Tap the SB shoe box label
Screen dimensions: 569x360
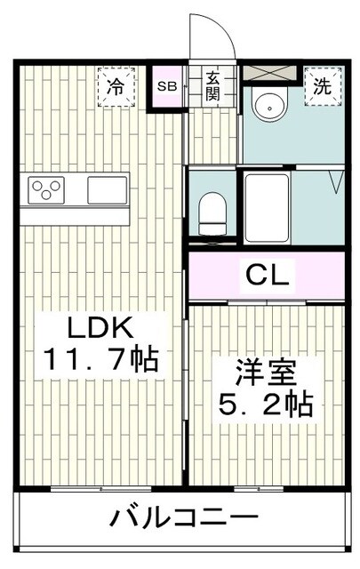[x=166, y=86]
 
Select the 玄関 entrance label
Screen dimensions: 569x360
[x=213, y=86]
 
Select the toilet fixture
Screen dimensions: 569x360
[x=213, y=209]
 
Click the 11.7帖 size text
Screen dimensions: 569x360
[x=100, y=360]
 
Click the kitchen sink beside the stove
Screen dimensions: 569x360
[x=108, y=190]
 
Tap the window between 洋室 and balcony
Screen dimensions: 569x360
[x=261, y=489]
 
